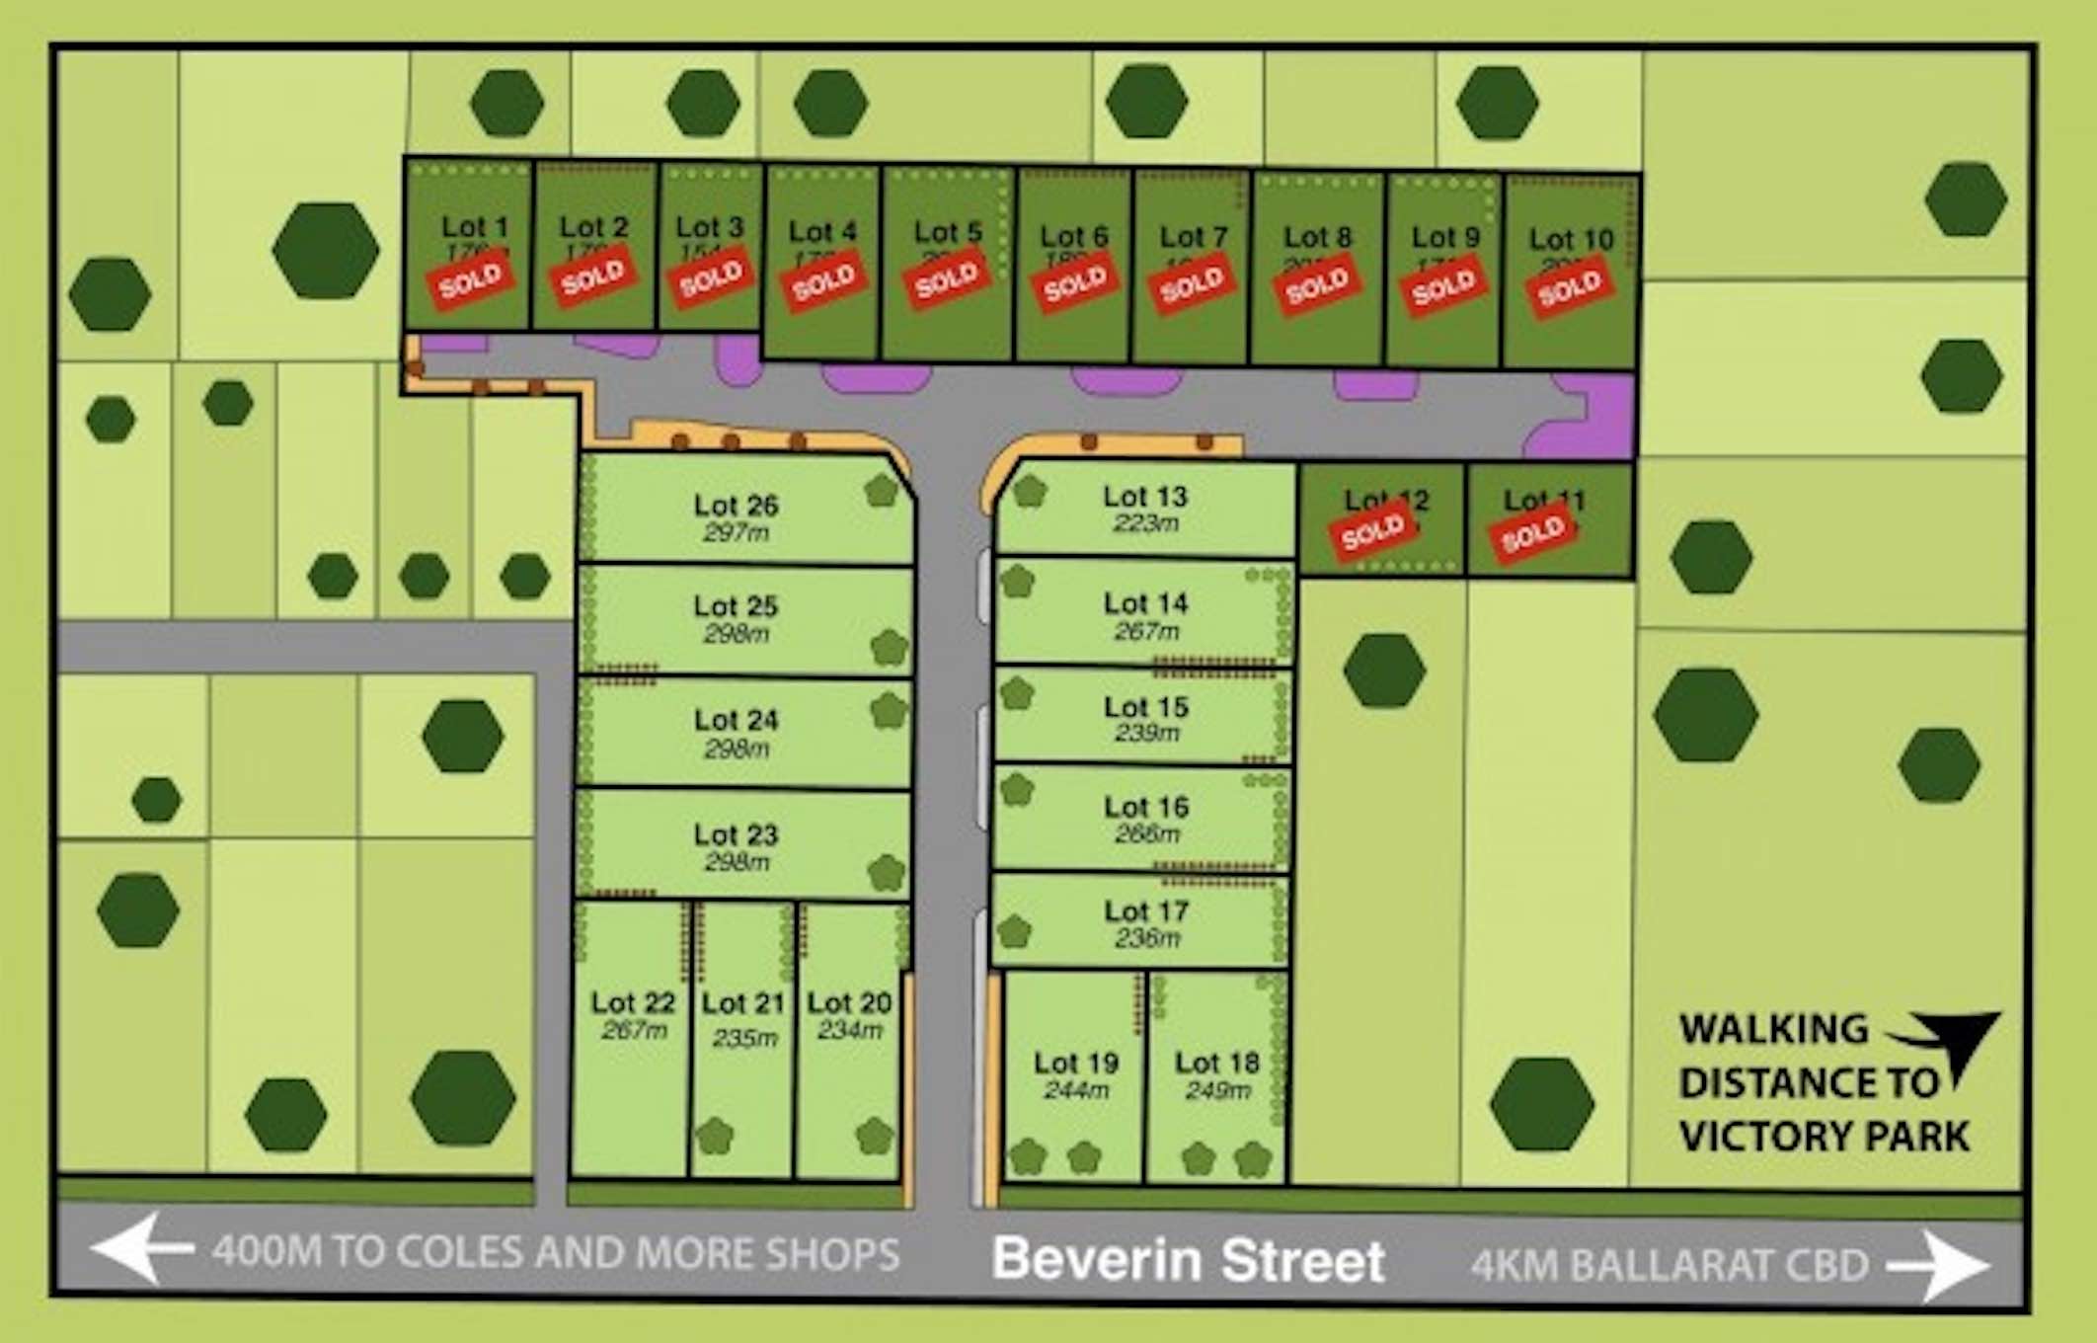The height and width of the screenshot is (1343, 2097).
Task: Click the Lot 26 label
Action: click(x=736, y=506)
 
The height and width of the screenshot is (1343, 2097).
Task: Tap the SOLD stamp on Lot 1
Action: click(x=471, y=282)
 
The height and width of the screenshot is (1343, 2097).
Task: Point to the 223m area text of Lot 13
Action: click(x=1145, y=523)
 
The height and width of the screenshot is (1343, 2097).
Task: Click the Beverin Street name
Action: click(x=1188, y=1260)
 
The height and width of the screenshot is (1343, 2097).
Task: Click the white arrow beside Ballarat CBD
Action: click(x=1938, y=1266)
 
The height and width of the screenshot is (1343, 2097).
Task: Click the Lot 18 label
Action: click(x=1216, y=1063)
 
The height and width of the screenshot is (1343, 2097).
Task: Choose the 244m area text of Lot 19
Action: click(x=1075, y=1091)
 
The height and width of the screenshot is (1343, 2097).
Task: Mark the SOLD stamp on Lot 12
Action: click(x=1372, y=531)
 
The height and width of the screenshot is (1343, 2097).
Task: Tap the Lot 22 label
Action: click(x=633, y=1002)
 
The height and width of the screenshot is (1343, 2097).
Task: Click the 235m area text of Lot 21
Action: click(x=744, y=1039)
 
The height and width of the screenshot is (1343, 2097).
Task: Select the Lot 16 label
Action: click(x=1145, y=807)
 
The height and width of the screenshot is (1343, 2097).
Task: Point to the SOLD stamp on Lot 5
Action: click(x=947, y=282)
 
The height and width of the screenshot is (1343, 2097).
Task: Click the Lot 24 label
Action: click(x=736, y=720)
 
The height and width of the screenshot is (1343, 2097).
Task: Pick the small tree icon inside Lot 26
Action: click(x=881, y=490)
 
